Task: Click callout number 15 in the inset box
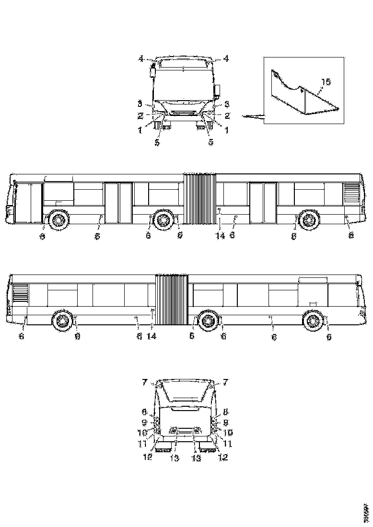tap(326, 82)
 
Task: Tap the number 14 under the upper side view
tap(220, 236)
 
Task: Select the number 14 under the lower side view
tap(152, 337)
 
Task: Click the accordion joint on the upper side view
tap(199, 199)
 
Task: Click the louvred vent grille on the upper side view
tap(351, 193)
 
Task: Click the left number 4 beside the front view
tap(141, 58)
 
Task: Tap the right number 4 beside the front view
tap(226, 58)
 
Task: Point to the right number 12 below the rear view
tap(222, 457)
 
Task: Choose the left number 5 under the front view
tap(157, 142)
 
